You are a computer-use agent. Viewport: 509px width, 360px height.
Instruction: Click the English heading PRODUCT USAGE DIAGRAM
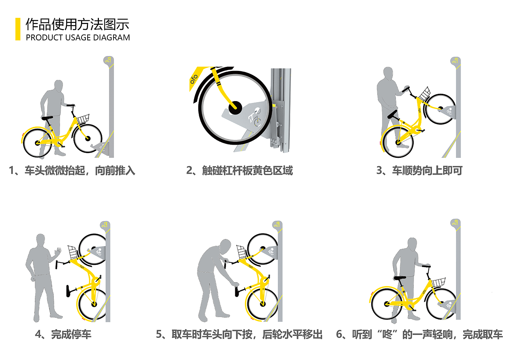78,37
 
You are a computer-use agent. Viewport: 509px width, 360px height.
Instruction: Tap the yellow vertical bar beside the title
18,29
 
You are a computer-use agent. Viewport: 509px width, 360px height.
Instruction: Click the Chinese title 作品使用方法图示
77,24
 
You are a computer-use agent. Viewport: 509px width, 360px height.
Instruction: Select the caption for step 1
72,171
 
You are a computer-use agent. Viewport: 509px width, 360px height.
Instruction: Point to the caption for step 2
239,171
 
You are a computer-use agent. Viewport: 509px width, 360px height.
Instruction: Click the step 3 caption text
419,171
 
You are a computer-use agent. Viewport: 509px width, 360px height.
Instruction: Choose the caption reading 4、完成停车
63,334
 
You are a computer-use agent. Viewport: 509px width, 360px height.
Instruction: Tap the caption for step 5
239,334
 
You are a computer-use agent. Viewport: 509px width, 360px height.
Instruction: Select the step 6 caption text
419,334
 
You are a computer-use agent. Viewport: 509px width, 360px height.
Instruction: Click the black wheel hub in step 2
235,108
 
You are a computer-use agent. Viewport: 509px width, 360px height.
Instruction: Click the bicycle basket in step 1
83,119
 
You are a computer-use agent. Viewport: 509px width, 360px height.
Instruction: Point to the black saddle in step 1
47,118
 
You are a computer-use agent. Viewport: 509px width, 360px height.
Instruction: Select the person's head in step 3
388,73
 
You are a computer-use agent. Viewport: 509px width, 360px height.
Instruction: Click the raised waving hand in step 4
58,251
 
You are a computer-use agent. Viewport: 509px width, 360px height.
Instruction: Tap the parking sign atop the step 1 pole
108,60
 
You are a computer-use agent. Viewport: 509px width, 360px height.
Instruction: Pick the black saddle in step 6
400,278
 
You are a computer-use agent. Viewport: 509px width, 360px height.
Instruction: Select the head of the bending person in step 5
225,247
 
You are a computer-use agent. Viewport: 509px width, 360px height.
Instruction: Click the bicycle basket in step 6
438,282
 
